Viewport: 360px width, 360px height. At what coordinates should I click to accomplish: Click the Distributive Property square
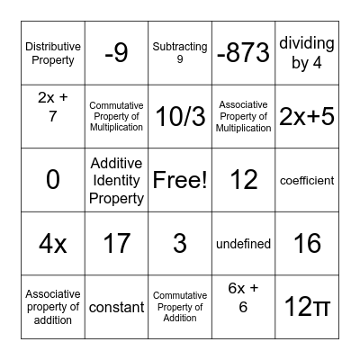coord(53,53)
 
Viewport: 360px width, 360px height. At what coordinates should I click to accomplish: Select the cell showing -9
coord(116,53)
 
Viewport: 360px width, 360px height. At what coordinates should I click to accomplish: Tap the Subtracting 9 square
coord(180,53)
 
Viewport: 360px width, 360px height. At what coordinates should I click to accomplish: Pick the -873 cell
coord(243,53)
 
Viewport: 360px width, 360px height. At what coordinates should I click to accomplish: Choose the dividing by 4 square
coord(307,53)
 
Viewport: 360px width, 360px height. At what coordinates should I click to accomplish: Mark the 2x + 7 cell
coord(53,116)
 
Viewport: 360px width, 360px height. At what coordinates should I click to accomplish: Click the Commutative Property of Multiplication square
coord(116,116)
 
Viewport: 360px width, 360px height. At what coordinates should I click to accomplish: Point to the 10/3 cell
coord(180,116)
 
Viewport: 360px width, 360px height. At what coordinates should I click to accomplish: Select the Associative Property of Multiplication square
coord(243,116)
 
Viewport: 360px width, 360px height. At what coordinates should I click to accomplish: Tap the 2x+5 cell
coord(307,116)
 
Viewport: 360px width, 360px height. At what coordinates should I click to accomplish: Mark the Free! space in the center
coord(180,180)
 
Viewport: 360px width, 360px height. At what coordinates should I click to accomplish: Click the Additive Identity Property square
coord(116,180)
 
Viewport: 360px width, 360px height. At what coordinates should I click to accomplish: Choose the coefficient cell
coord(307,180)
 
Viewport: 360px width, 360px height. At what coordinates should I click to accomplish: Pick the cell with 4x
coord(53,243)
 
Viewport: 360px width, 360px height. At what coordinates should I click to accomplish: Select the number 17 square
coord(116,243)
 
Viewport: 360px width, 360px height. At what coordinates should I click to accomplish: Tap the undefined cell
coord(243,243)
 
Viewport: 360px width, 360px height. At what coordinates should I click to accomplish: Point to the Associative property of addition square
coord(53,307)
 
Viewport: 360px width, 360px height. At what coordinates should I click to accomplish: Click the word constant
coord(116,307)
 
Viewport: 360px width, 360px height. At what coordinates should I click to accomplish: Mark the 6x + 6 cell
coord(243,307)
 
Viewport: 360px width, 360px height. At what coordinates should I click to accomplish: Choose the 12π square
coord(307,307)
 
